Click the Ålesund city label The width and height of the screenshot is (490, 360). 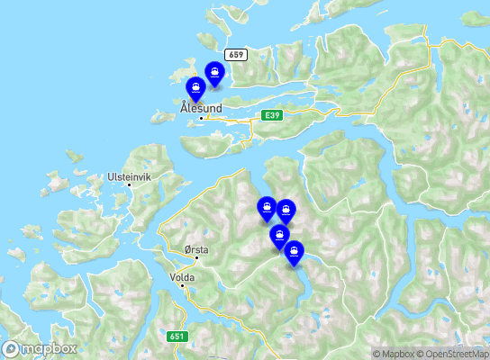coord(200,108)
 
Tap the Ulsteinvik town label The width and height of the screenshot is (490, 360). coord(127,176)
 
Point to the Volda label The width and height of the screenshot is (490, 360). coord(182,278)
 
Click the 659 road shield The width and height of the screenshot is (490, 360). coord(236,55)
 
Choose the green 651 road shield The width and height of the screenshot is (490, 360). coord(177,337)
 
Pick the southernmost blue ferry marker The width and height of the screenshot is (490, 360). coord(294,254)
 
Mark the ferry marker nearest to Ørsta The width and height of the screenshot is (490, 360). coord(267,209)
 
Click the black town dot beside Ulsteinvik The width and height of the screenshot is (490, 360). coord(130,185)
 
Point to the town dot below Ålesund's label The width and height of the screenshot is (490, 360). coord(200,118)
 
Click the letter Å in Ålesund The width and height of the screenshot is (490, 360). coord(184,107)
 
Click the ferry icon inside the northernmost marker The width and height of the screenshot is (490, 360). coord(215,70)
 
